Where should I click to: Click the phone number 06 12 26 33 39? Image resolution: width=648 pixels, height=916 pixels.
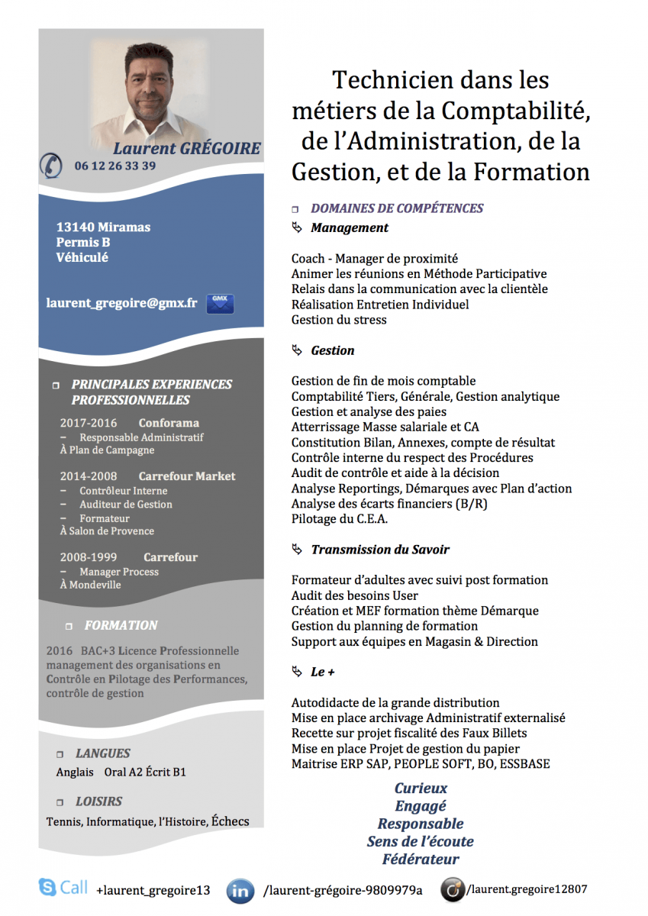click(115, 166)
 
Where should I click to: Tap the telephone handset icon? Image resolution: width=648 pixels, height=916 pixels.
click(51, 165)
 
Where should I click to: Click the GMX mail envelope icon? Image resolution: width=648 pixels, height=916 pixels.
click(220, 303)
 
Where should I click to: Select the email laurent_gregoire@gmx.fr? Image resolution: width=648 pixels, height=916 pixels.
click(121, 303)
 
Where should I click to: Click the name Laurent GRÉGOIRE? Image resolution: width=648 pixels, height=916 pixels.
click(187, 148)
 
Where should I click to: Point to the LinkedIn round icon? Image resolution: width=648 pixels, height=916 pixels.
click(241, 890)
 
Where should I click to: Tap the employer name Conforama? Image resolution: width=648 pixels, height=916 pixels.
click(169, 423)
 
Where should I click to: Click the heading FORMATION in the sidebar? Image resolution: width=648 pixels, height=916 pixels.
click(121, 625)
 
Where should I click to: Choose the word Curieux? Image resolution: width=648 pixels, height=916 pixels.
click(421, 788)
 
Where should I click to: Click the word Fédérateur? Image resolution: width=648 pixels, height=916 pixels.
click(421, 860)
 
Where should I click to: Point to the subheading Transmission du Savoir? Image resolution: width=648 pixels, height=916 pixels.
click(379, 550)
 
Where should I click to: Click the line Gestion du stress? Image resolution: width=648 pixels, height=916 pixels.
click(339, 320)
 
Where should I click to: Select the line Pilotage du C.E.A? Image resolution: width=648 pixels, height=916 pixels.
click(340, 519)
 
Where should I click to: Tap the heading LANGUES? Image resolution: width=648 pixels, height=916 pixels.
click(102, 753)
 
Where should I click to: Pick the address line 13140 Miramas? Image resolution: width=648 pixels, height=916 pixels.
click(103, 227)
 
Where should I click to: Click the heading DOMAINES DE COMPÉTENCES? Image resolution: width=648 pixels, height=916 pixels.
click(397, 208)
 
